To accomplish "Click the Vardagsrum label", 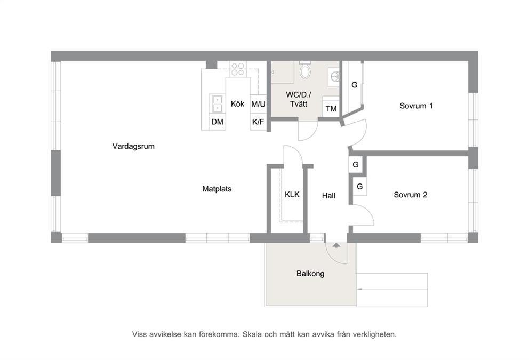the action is [x=133, y=147].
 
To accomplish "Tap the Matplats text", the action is [x=217, y=189].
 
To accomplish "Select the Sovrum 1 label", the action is [x=416, y=106].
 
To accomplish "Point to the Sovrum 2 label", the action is [x=411, y=195].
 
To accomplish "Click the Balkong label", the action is [x=310, y=274].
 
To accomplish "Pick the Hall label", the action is [x=328, y=196].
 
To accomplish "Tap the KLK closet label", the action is [x=292, y=194].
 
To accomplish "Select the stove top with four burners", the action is [x=237, y=69].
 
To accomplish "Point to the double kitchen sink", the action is [x=217, y=103].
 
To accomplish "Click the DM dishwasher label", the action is [x=217, y=122].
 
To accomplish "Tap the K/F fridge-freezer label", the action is [x=258, y=122].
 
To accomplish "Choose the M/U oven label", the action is [x=258, y=104].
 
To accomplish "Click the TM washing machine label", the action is [x=331, y=109].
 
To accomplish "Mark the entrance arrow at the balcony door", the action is [x=336, y=245].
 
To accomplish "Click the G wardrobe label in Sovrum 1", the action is [x=354, y=85].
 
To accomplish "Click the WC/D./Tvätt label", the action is [x=299, y=99].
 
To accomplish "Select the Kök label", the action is [x=237, y=103].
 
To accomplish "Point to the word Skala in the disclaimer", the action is [x=252, y=334].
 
